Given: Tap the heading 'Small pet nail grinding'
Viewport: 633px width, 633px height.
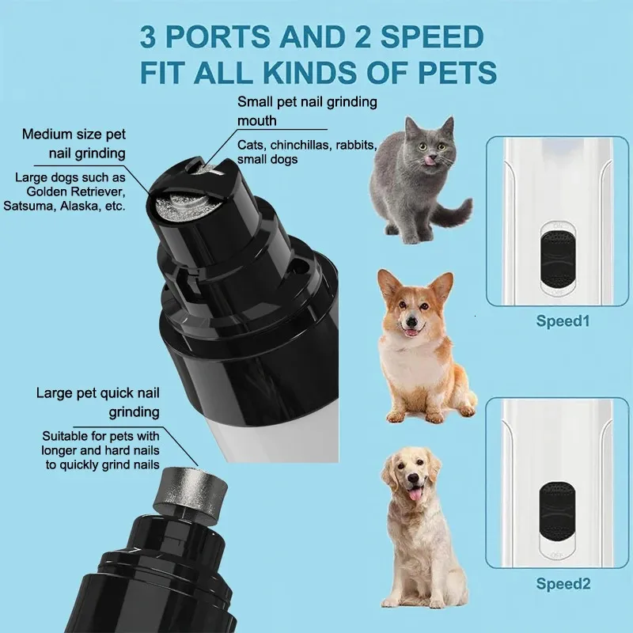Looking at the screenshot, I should point(308,103).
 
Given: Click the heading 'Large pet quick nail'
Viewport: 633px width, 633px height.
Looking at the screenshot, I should point(97,393).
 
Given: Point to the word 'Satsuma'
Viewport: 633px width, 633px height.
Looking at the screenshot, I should point(42,207).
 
